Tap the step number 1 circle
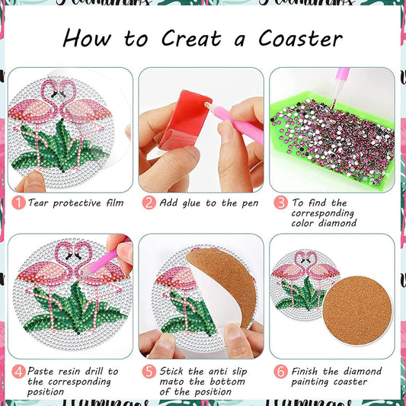click(x=18, y=203)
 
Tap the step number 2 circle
click(x=149, y=203)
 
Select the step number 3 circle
click(x=280, y=203)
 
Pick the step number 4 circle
click(x=18, y=371)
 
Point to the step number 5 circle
click(x=149, y=371)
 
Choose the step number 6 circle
click(x=280, y=371)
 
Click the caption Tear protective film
click(x=75, y=203)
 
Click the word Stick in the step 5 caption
click(x=176, y=371)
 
